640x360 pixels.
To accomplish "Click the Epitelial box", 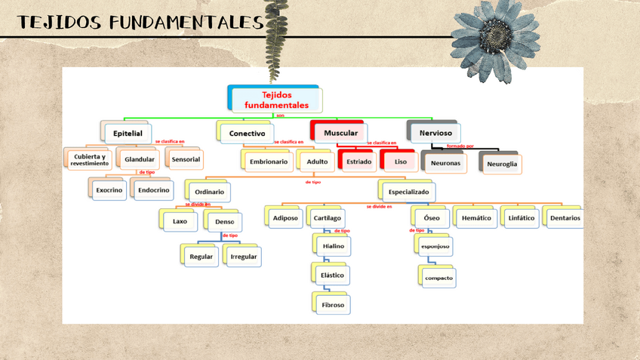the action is point(128,134).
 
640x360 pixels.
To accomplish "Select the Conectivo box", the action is point(248,134).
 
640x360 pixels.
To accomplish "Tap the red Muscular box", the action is point(340,133).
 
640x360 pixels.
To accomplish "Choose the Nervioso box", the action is point(435,133).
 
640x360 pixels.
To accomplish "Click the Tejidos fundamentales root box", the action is point(275,100).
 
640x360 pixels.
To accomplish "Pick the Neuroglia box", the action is point(502,164).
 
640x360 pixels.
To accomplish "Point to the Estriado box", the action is point(358,162).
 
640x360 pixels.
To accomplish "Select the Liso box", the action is point(400,162).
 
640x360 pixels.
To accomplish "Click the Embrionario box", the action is point(268,162).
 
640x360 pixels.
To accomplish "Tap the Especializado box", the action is point(408,192).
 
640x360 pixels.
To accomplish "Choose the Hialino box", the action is point(333,246).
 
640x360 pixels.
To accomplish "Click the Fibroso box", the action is point(333,305).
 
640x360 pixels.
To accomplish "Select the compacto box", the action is point(438,278).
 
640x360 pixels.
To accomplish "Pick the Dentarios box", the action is point(565,218).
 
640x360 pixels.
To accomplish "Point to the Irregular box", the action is point(243,257).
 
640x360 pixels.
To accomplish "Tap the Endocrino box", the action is point(154,190).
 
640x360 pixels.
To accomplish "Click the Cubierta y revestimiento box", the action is point(90,160).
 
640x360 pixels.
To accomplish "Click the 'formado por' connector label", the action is point(460,146).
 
